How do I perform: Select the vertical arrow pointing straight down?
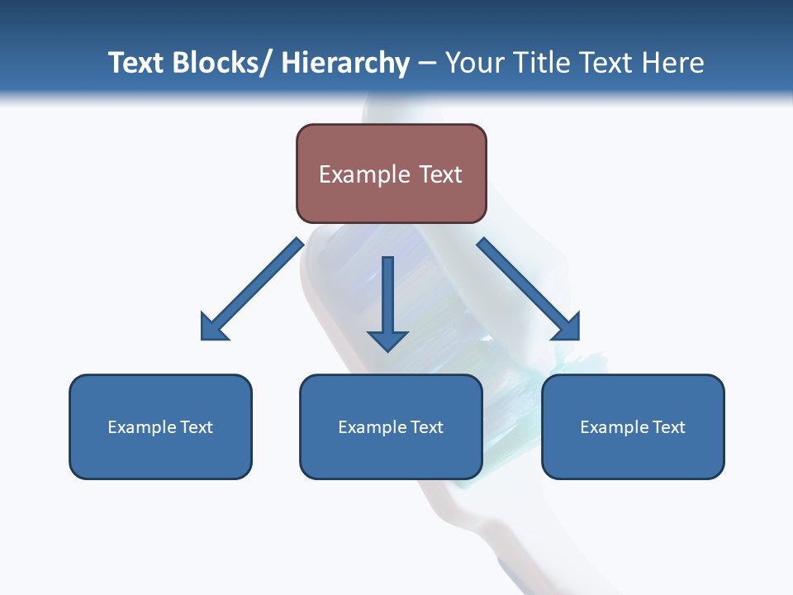pyautogui.click(x=387, y=302)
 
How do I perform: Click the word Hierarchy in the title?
pyautogui.click(x=345, y=63)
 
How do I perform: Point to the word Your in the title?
pyautogui.click(x=473, y=63)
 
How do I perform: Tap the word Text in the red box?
pyautogui.click(x=439, y=174)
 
